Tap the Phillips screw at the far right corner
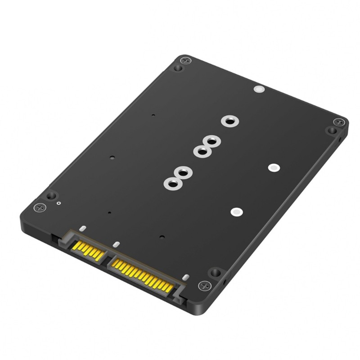340,122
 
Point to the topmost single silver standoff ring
229,121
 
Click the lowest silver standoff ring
171,184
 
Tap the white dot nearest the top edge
258,89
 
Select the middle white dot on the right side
273,167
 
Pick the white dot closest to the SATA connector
235,211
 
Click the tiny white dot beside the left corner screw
59,203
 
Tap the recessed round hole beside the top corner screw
179,68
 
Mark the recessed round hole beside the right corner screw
332,130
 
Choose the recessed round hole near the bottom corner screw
216,272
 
